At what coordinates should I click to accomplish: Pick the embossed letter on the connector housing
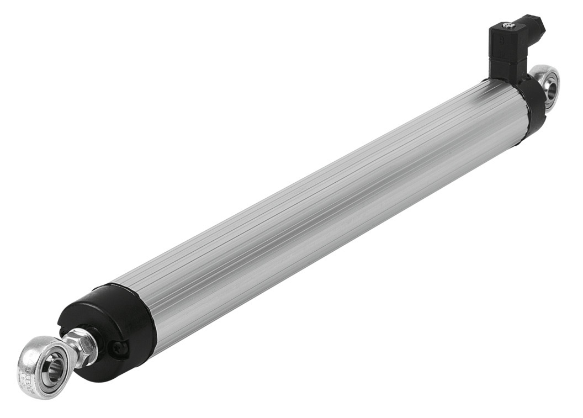(x=501, y=40)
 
